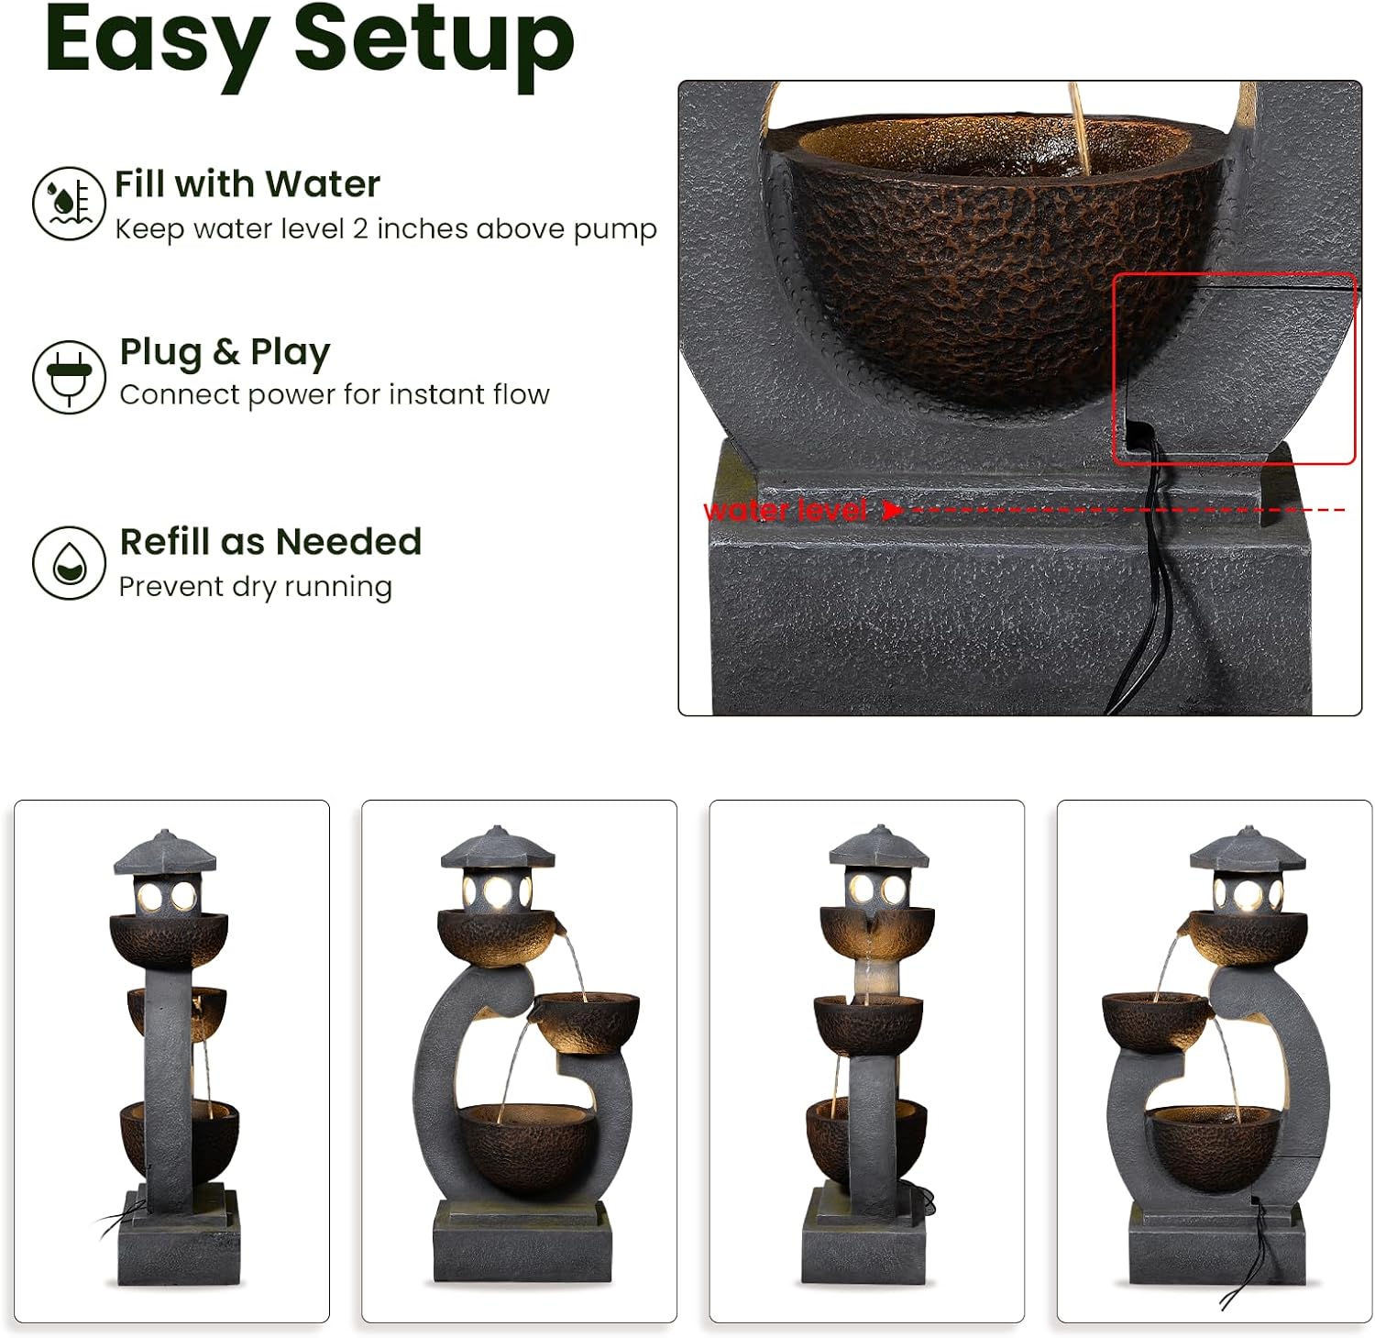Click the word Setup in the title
[x=434, y=43]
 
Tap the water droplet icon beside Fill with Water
[x=69, y=204]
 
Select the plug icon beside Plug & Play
[x=69, y=377]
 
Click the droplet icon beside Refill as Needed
[x=69, y=563]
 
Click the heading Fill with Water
[x=247, y=184]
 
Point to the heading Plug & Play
[x=225, y=353]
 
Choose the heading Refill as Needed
[x=270, y=542]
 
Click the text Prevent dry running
[x=256, y=587]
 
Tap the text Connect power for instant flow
[x=335, y=394]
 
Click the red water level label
[x=785, y=510]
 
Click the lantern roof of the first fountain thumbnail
[x=165, y=852]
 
